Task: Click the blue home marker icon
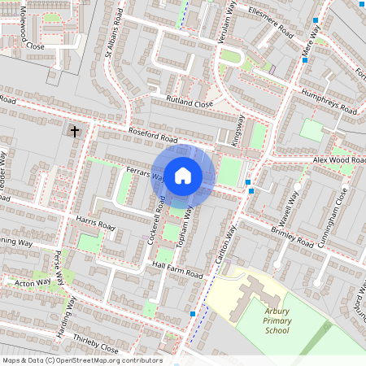pyautogui.click(x=183, y=175)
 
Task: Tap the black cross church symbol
pyautogui.click(x=75, y=131)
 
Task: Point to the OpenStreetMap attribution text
pyautogui.click(x=82, y=359)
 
